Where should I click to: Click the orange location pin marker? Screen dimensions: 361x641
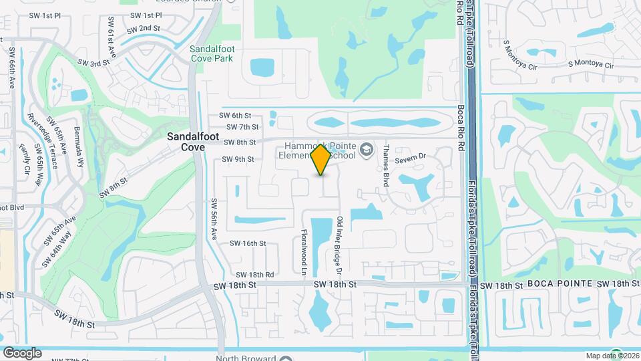click(x=321, y=160)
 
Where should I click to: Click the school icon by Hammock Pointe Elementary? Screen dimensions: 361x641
click(x=365, y=149)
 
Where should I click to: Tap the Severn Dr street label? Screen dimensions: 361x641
click(x=411, y=158)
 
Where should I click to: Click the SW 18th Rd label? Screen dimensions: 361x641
click(x=255, y=275)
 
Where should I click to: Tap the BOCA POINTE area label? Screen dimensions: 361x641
click(x=560, y=284)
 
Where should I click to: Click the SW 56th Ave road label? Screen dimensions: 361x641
click(x=215, y=220)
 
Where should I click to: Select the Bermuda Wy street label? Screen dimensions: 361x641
click(x=79, y=145)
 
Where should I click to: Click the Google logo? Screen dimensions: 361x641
click(x=22, y=352)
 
